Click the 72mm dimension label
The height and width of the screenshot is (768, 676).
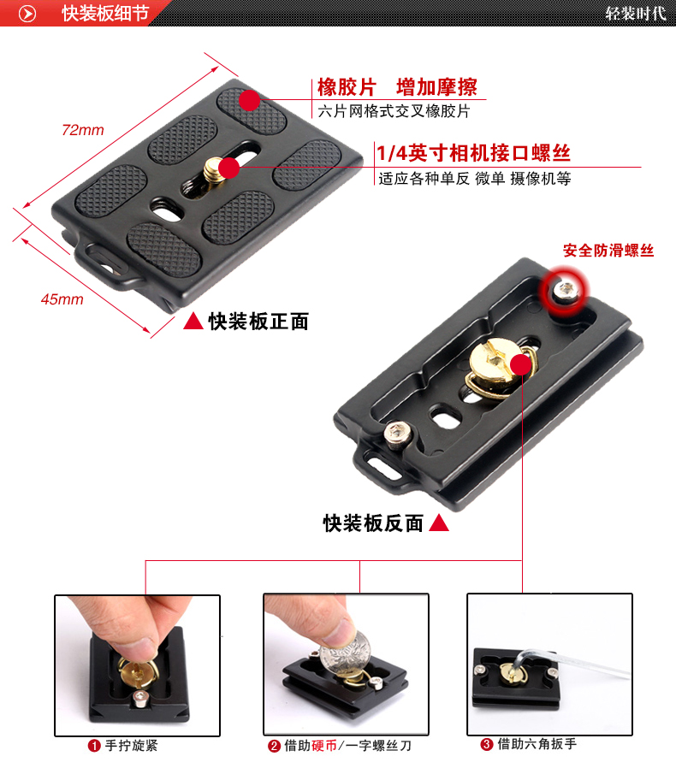pos(83,130)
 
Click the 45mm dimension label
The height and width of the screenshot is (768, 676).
pos(62,299)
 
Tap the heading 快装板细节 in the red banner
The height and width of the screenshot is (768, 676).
pos(105,13)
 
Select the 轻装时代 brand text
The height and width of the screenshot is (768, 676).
pos(635,13)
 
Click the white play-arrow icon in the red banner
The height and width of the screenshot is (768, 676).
pos(27,14)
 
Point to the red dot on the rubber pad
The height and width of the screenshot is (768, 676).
pos(250,100)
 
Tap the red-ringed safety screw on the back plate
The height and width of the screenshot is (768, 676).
pos(565,292)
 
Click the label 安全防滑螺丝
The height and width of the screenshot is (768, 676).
pos(608,251)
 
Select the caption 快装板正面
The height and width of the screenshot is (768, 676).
pos(258,322)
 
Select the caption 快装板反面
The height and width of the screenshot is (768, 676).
pos(373,523)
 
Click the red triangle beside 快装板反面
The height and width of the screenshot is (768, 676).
pos(439,523)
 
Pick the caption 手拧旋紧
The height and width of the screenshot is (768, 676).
pos(132,746)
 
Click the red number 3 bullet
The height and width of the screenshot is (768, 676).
pos(486,745)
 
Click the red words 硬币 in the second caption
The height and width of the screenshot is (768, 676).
pos(324,746)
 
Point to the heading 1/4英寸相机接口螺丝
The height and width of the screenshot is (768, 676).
pos(473,153)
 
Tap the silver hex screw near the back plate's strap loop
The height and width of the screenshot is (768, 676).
pos(396,435)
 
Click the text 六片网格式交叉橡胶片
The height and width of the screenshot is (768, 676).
pos(394,111)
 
